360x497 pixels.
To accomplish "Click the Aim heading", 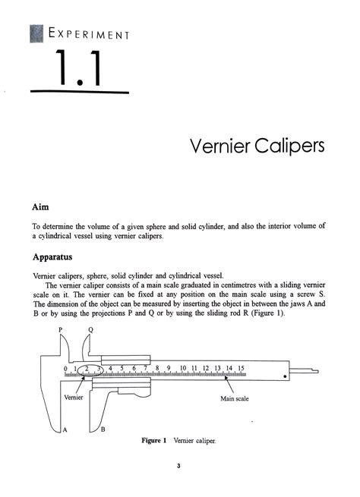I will (40, 206).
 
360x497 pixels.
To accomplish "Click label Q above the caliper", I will (91, 330).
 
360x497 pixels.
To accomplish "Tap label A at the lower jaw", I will (65, 430).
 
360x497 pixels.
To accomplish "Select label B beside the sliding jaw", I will (103, 430).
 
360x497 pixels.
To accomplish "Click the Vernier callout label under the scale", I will (74, 397).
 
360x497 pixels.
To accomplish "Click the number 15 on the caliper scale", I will (241, 368).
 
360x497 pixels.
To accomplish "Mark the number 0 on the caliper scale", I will (66, 368).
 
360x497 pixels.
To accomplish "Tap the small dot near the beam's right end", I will (286, 374).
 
